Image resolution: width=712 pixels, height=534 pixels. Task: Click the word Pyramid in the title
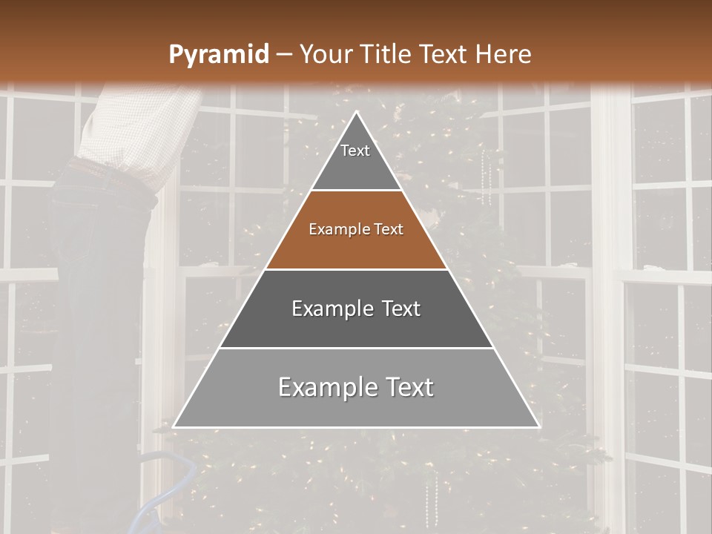coord(218,54)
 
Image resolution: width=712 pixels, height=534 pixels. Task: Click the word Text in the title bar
coord(447,54)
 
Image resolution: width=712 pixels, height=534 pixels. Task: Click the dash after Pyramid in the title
coord(283,54)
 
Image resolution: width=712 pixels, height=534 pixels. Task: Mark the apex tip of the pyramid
coord(356,113)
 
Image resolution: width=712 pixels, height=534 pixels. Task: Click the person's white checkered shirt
coord(133,133)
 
